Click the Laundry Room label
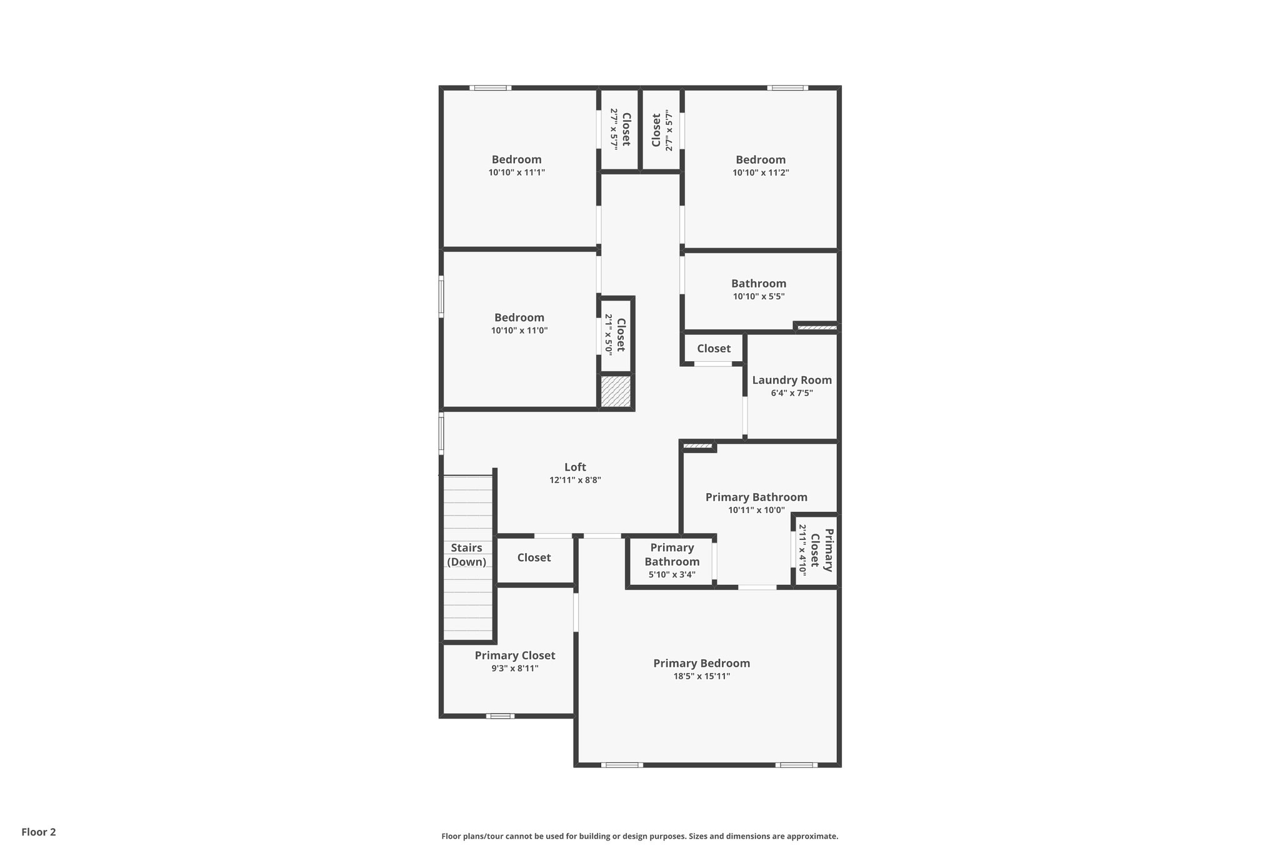point(791,380)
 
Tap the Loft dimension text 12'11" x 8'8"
point(575,480)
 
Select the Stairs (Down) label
point(466,554)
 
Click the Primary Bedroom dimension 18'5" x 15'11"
point(701,676)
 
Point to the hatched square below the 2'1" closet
point(616,392)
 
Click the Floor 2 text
point(39,832)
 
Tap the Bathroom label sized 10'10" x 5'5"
point(758,284)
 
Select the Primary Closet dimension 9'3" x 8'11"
point(514,668)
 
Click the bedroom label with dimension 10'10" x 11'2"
point(760,160)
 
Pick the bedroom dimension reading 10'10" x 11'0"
point(519,331)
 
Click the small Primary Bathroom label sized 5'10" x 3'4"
point(672,554)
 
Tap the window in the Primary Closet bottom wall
point(500,716)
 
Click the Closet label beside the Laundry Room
point(713,349)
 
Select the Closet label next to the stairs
point(534,557)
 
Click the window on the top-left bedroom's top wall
point(491,88)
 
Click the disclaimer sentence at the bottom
point(639,836)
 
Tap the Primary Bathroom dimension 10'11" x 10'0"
point(756,510)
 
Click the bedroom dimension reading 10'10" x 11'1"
point(516,172)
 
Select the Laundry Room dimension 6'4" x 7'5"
point(791,393)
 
